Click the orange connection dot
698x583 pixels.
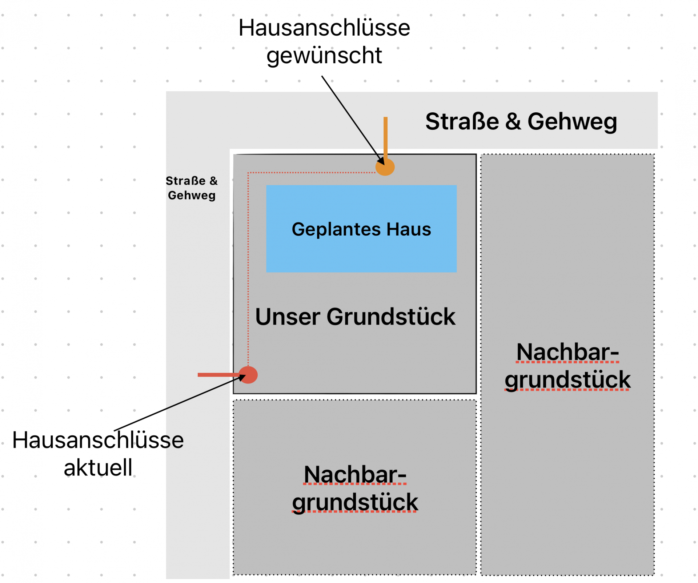point(385,167)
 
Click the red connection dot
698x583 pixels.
point(249,375)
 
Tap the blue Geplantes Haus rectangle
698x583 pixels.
point(361,254)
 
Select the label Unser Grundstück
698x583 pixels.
point(355,317)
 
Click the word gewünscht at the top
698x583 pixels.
point(324,56)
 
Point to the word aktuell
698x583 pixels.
point(98,467)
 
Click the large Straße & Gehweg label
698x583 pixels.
point(521,121)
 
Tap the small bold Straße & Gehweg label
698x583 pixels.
point(192,188)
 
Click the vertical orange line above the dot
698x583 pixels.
point(385,136)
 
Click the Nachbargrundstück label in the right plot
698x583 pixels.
point(567,366)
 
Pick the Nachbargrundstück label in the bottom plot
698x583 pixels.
point(355,488)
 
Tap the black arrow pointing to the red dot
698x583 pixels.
point(178,404)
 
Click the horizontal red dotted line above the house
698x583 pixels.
point(311,173)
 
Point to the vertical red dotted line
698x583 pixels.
point(248,269)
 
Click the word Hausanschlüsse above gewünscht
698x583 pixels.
point(324,28)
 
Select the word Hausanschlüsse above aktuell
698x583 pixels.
point(98,440)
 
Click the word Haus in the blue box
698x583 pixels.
point(409,229)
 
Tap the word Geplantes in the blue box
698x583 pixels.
point(336,229)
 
